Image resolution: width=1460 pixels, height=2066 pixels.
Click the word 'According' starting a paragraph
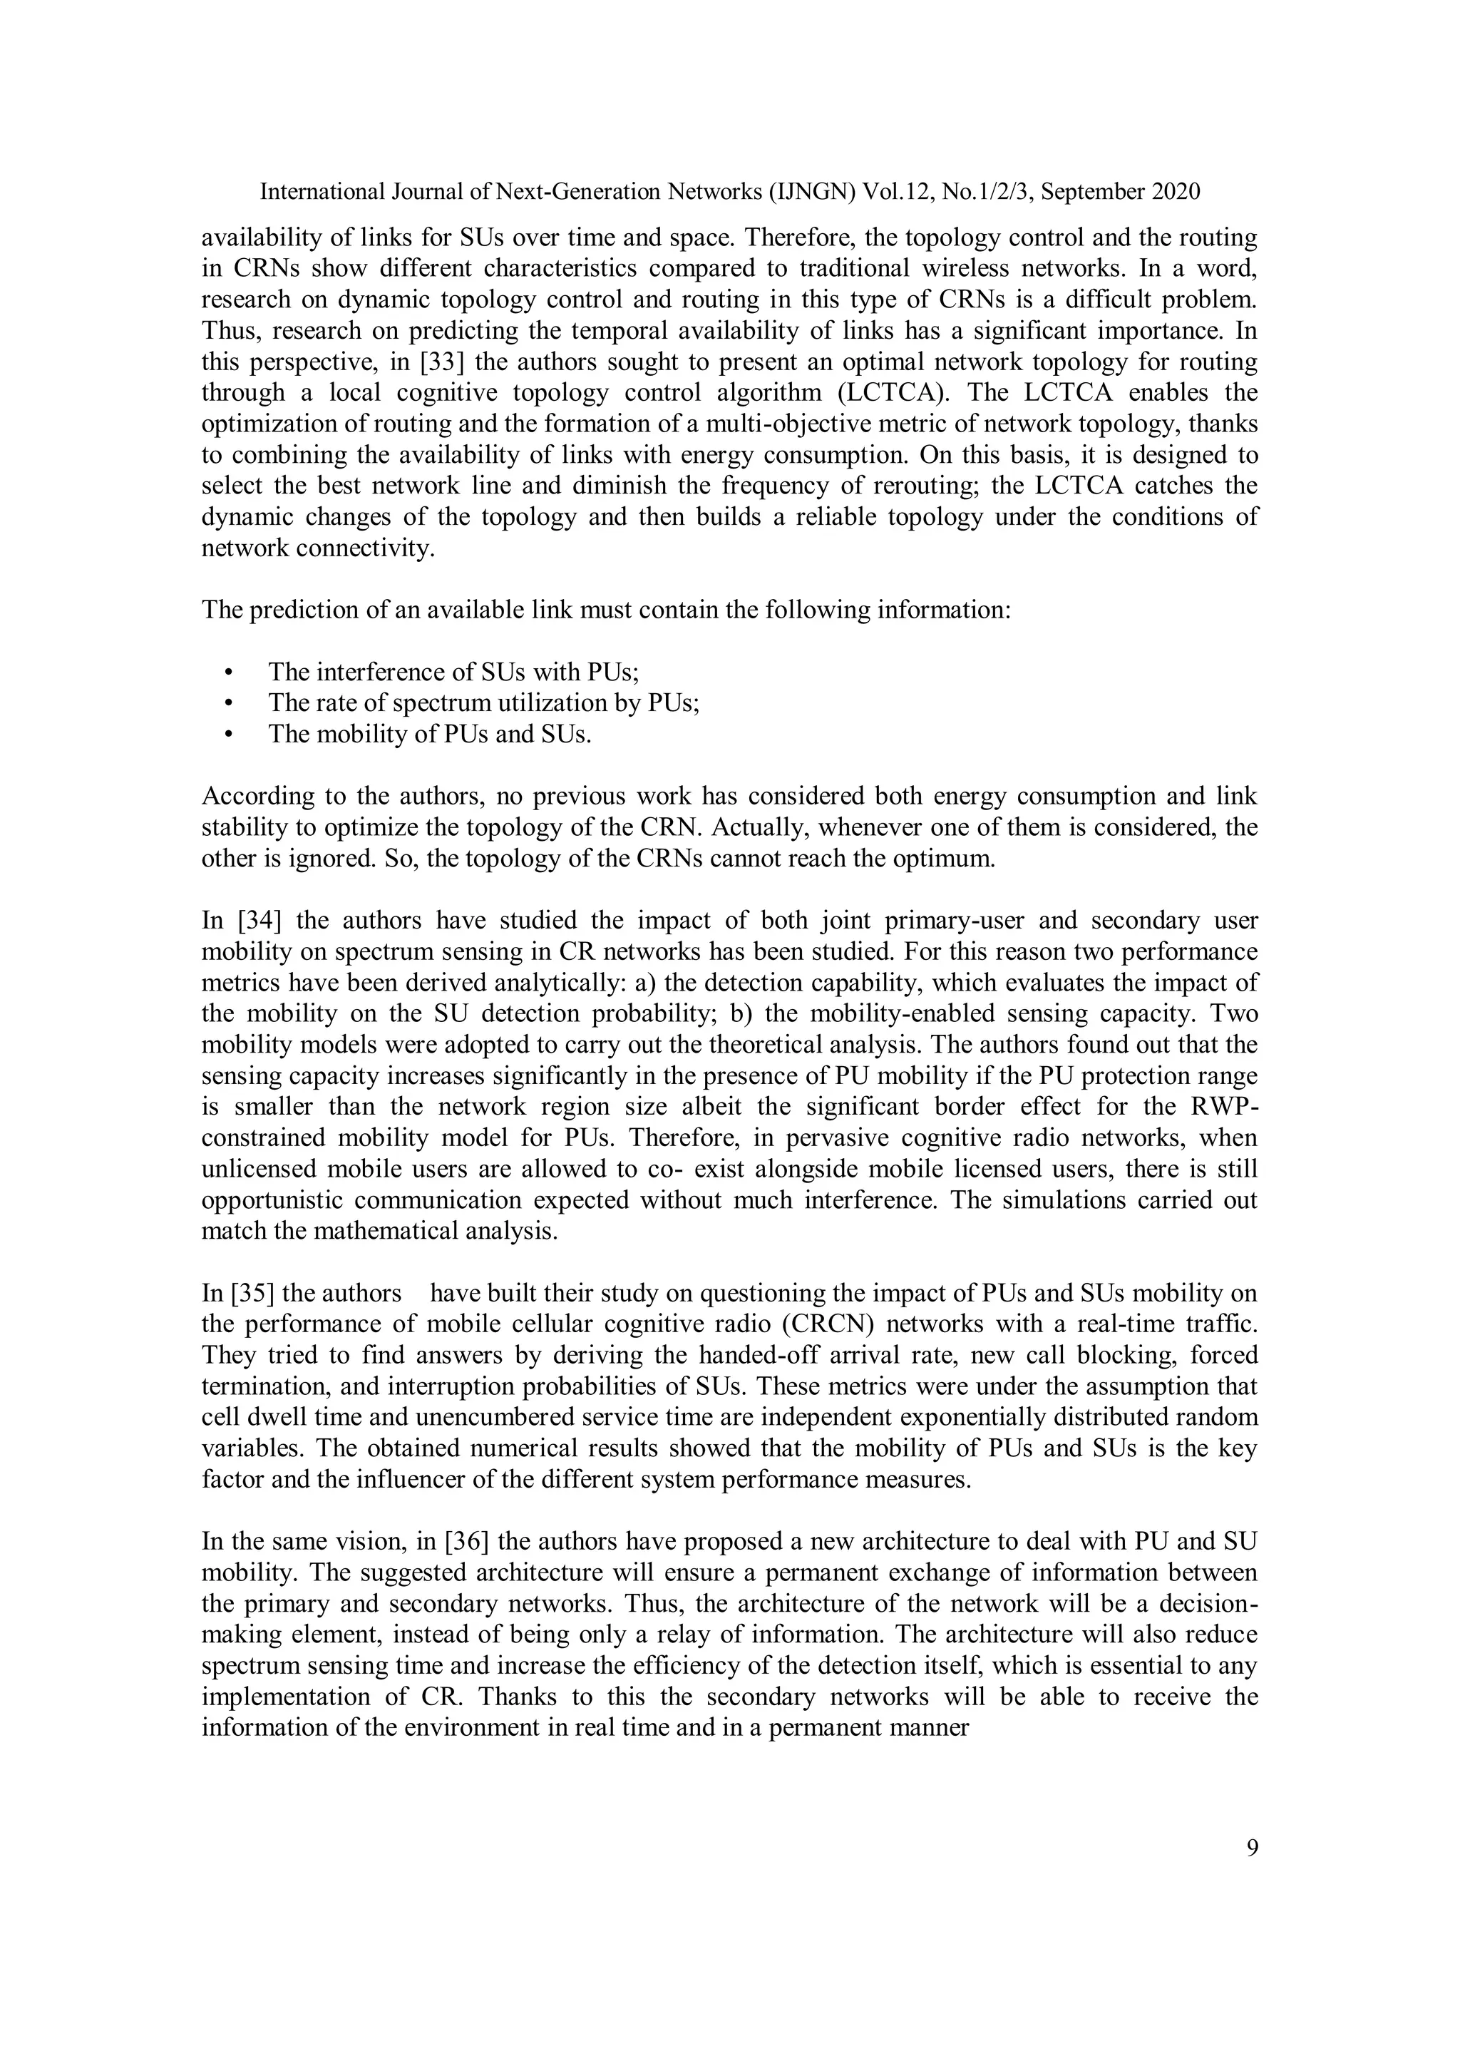coord(254,797)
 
